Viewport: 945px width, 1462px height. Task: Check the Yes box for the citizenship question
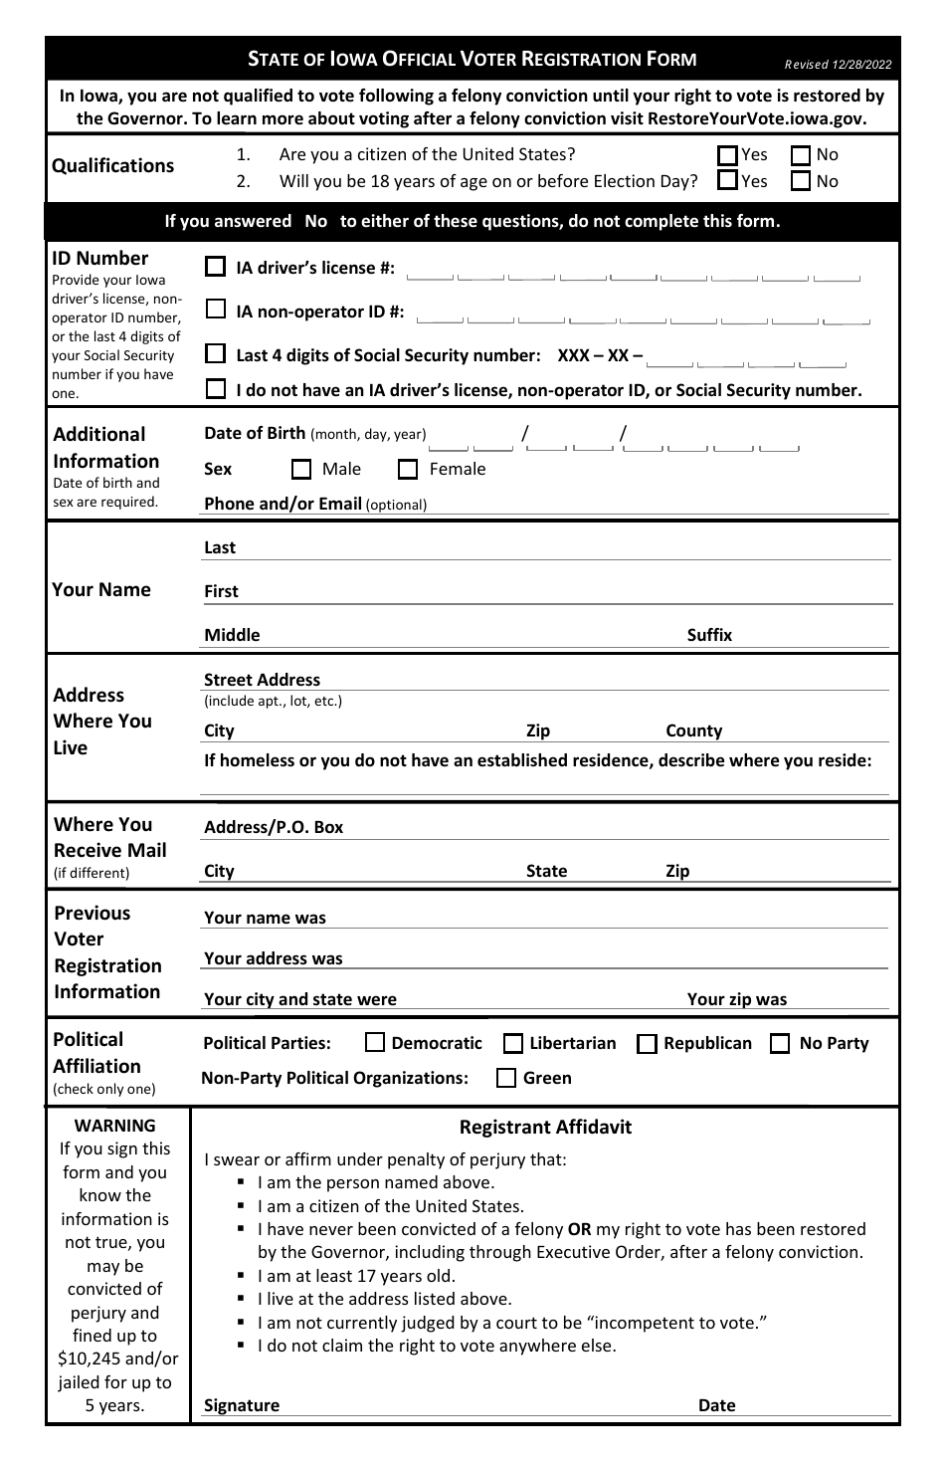[x=728, y=155]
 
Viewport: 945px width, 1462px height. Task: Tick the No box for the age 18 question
[x=802, y=181]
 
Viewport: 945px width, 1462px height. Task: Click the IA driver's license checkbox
[x=216, y=267]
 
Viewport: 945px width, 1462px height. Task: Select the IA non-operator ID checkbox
[x=216, y=311]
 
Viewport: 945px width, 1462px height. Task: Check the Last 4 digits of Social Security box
[x=216, y=354]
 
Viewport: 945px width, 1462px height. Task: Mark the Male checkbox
[x=301, y=469]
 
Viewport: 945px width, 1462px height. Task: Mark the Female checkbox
[x=408, y=469]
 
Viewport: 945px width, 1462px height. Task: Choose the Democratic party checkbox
[x=375, y=1043]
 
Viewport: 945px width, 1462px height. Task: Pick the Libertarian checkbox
[x=513, y=1043]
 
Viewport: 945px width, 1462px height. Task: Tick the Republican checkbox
[x=647, y=1043]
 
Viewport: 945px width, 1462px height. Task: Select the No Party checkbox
[x=781, y=1043]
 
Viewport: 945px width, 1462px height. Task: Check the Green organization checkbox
[x=506, y=1078]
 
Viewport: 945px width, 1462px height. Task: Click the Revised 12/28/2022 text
[x=838, y=65]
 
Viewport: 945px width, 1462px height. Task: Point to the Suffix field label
[x=709, y=635]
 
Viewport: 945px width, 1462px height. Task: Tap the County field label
[x=693, y=731]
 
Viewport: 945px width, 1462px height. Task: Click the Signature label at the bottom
[x=241, y=1405]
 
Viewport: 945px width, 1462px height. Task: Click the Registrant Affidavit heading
[x=545, y=1128]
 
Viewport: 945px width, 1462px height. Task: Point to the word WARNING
[x=115, y=1126]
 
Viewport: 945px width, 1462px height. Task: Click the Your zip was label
[x=736, y=999]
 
